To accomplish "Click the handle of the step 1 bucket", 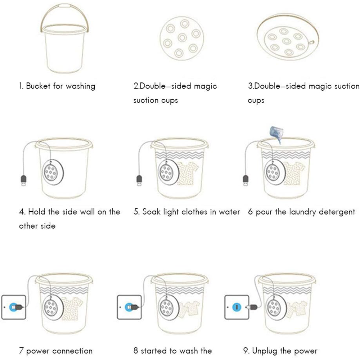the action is (x=64, y=5).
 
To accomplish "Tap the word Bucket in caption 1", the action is (x=38, y=86).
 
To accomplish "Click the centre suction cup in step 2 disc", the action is (x=182, y=37).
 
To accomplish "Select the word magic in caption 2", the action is (x=205, y=86).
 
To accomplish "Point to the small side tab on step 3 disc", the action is (x=311, y=42).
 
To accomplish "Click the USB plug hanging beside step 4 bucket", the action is (x=24, y=180).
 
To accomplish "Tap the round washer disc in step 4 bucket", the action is (x=53, y=172).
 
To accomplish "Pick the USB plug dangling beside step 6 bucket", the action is (x=246, y=180).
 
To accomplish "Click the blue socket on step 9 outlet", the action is (x=237, y=307).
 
